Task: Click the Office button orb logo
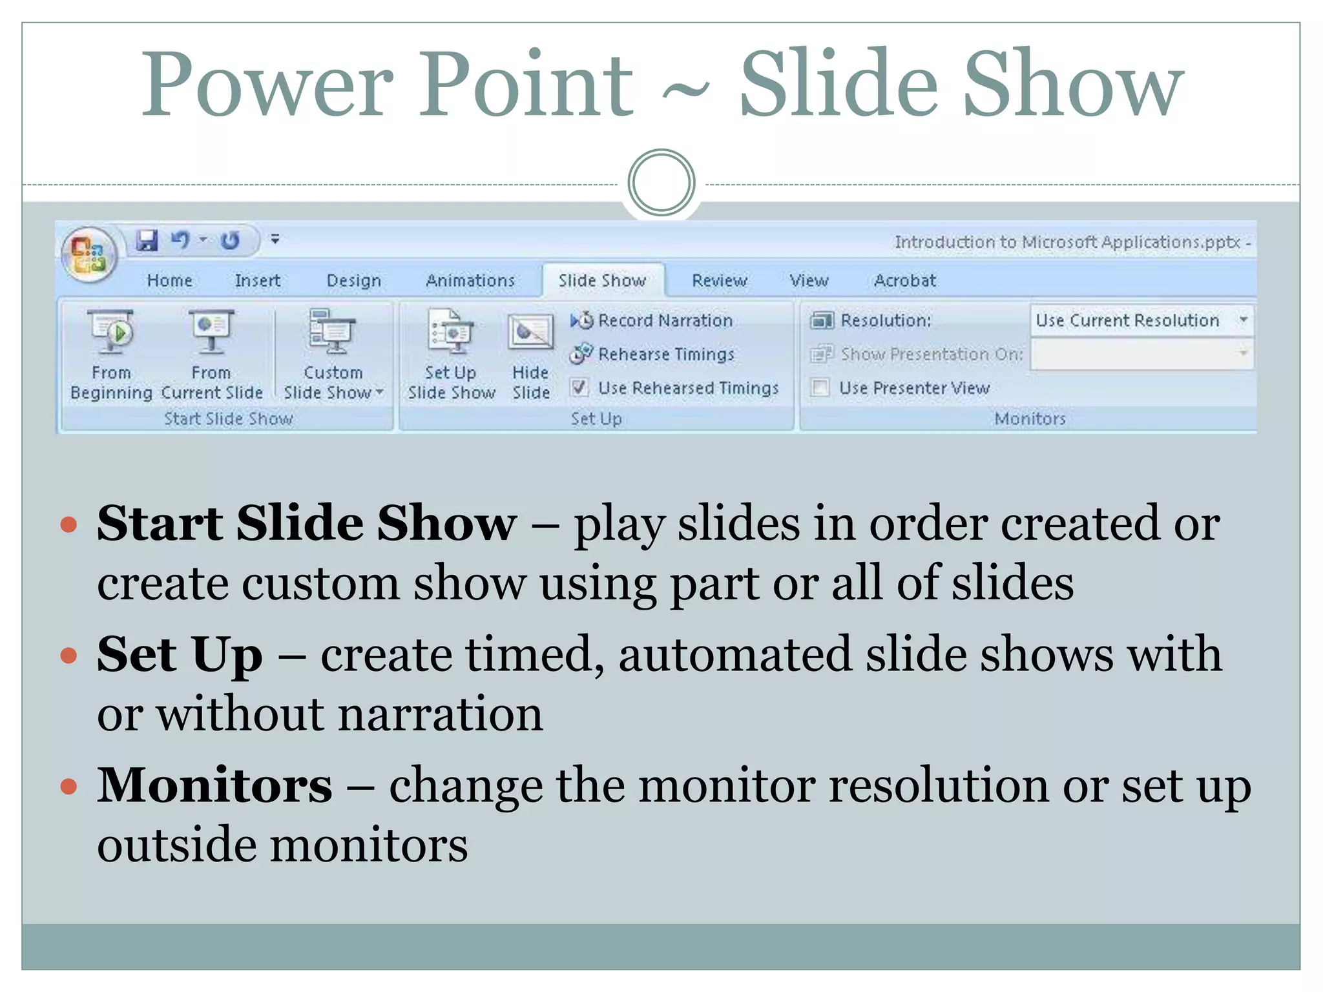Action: [x=89, y=254]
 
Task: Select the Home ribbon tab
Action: [x=169, y=280]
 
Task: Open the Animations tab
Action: [x=470, y=280]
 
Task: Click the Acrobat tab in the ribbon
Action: [x=904, y=280]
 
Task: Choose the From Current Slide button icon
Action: [x=211, y=331]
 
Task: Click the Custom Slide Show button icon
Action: [x=332, y=331]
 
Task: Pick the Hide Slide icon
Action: [x=530, y=333]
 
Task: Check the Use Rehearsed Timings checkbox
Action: [x=579, y=387]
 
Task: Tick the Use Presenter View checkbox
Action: [x=820, y=387]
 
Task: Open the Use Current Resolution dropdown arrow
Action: [x=1243, y=320]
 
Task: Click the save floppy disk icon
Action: [x=147, y=240]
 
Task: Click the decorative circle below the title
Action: [x=661, y=183]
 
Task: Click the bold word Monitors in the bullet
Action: [x=214, y=785]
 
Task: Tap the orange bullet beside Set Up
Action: [x=68, y=656]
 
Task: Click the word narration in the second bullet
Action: [x=441, y=714]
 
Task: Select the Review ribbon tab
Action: [x=719, y=280]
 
